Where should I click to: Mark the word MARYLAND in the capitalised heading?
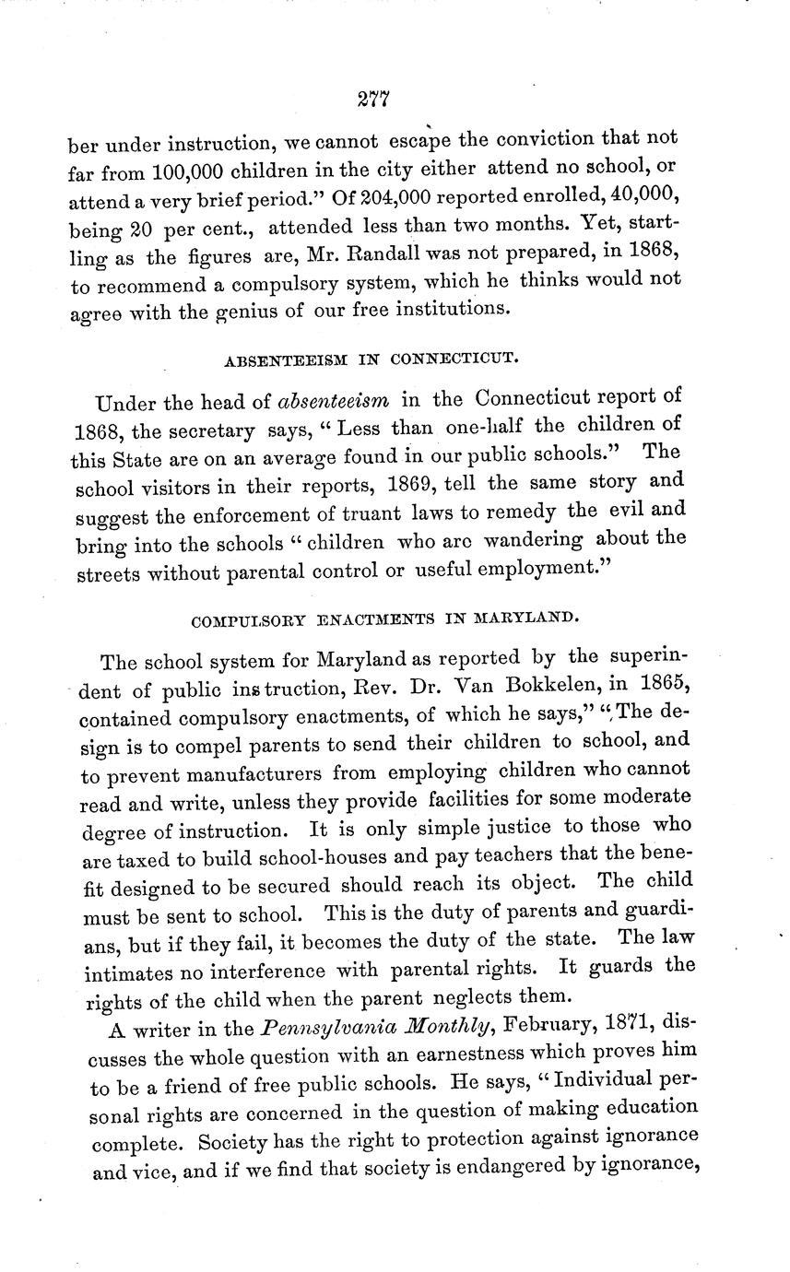point(526,617)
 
